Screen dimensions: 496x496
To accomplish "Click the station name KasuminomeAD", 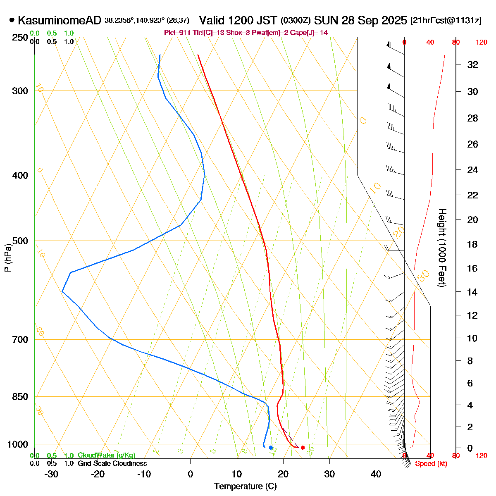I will tap(60, 20).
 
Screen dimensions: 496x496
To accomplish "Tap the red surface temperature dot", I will tap(303, 448).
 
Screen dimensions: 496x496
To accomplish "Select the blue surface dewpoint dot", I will tap(271, 448).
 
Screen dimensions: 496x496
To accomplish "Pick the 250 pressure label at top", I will tap(20, 38).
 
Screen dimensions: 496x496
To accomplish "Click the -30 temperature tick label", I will tap(51, 474).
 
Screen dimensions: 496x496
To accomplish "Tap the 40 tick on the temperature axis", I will tap(376, 474).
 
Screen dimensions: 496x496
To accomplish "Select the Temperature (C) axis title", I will tap(246, 486).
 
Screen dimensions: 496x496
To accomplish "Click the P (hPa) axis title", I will tap(8, 258).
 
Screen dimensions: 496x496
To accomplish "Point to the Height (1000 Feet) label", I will tap(441, 248).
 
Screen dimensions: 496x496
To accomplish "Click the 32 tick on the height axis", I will tap(472, 65).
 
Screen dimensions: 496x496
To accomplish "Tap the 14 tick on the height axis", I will tap(472, 293).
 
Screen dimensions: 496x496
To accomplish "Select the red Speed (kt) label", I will tap(431, 464).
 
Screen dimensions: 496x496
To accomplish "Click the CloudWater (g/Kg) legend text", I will tap(107, 455).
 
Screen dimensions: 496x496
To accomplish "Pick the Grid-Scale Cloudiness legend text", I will tap(112, 464).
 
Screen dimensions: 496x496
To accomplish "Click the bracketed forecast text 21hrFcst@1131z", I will tap(446, 21).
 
